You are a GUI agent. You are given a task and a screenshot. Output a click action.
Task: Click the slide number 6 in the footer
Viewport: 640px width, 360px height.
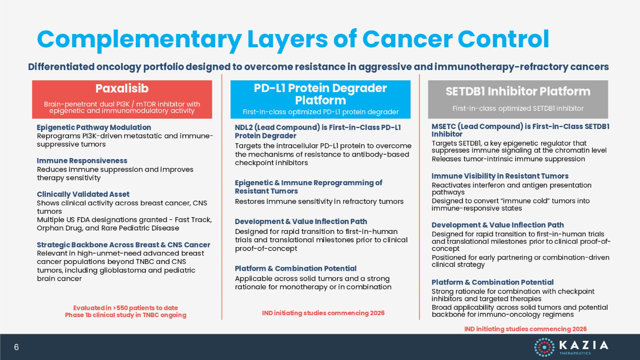(x=16, y=347)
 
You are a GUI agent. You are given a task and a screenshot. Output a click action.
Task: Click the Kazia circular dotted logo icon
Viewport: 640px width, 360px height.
(x=544, y=347)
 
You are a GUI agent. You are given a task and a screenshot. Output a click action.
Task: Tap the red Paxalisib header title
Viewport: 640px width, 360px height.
(x=122, y=89)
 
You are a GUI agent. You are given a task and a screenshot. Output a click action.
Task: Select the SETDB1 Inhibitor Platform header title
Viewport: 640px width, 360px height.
(x=518, y=92)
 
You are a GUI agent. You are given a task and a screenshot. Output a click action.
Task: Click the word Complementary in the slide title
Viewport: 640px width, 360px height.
(x=139, y=39)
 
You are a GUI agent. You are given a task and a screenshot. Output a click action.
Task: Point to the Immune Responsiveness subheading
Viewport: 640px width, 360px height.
(x=82, y=161)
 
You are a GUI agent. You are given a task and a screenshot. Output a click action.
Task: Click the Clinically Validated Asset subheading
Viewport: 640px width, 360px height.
(x=83, y=195)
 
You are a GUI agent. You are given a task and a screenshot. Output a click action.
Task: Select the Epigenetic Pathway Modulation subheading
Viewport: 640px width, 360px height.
(x=94, y=128)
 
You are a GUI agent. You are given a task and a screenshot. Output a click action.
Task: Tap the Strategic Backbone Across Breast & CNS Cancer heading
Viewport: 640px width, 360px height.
(x=124, y=245)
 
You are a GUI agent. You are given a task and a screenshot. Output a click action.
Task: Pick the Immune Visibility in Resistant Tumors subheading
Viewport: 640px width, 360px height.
(x=500, y=176)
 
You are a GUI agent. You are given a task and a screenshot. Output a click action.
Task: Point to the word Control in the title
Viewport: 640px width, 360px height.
(x=504, y=39)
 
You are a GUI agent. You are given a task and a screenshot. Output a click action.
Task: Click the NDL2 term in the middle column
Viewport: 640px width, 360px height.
(x=244, y=128)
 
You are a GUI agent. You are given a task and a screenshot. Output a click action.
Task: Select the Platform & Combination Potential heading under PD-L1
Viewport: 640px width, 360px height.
(x=296, y=268)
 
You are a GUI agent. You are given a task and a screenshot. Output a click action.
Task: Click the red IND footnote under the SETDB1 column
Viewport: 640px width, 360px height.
(x=525, y=329)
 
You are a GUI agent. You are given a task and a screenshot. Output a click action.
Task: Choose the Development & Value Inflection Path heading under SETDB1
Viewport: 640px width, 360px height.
(x=498, y=225)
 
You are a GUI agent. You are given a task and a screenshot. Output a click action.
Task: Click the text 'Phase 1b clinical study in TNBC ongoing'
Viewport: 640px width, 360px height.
(x=126, y=315)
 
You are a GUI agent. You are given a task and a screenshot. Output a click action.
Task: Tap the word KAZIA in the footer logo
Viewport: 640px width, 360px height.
(x=584, y=345)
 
